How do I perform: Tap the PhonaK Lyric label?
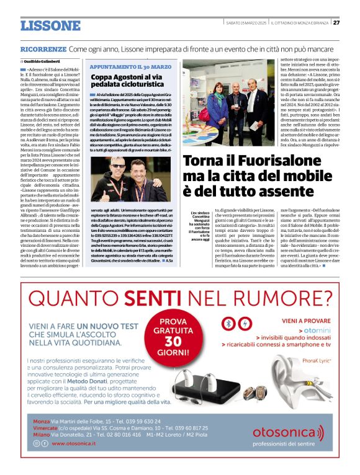[320, 360]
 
